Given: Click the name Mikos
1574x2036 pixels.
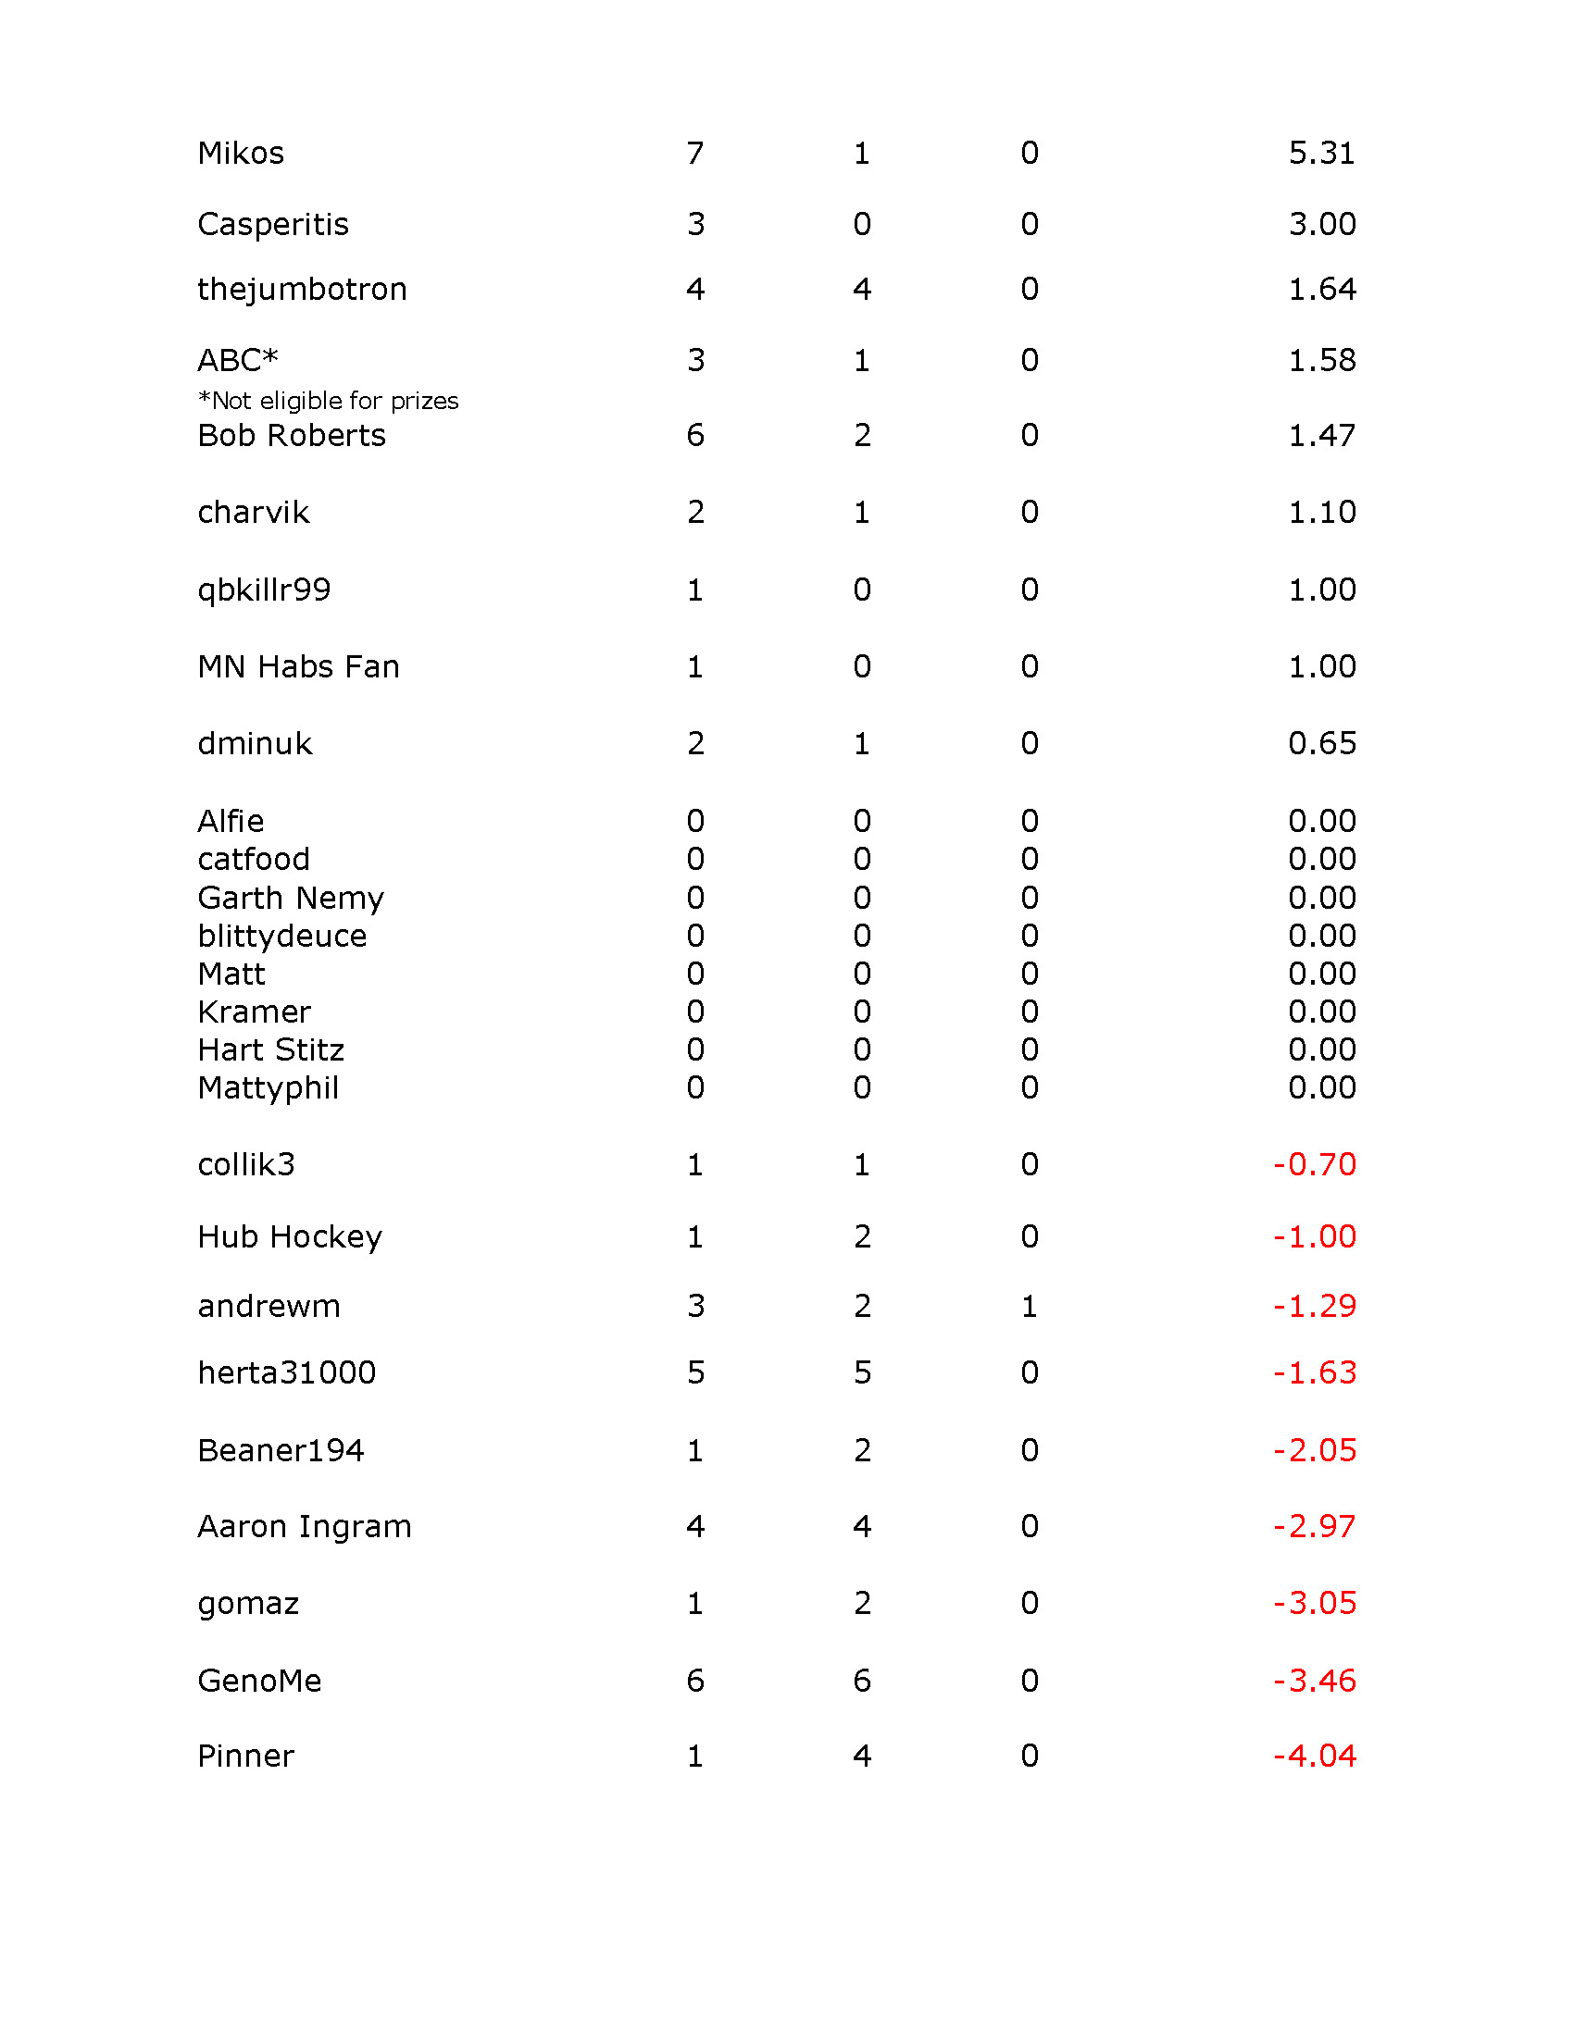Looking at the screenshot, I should tap(241, 153).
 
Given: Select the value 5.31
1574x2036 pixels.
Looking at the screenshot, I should tap(1321, 153).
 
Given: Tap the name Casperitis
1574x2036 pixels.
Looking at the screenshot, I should tap(273, 225).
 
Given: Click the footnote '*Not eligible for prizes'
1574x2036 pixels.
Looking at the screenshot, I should tap(329, 401).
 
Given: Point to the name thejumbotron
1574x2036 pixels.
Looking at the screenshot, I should tap(302, 290).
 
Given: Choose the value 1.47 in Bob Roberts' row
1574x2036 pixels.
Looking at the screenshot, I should tap(1321, 435).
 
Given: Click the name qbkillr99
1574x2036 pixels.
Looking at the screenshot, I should tap(264, 590).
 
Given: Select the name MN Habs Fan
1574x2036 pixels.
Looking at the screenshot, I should tap(298, 667).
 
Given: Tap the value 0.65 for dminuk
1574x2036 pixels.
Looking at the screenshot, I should tap(1321, 744).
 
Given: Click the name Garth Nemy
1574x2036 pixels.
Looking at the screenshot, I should tap(291, 898).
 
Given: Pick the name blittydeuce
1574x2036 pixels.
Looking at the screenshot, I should tap(281, 936).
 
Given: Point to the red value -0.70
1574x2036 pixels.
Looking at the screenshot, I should tap(1315, 1164).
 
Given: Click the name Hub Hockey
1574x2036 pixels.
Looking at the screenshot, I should tap(290, 1237).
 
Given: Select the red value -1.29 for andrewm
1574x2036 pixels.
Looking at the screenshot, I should tap(1315, 1306).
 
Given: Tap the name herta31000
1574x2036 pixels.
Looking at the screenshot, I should tap(286, 1373).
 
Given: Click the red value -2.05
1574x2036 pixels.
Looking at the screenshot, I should tap(1315, 1450).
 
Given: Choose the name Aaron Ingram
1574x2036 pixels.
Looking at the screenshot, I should tap(304, 1527).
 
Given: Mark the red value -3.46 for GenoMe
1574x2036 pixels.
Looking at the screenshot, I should tap(1315, 1681).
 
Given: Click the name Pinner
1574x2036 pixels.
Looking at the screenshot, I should tap(246, 1757).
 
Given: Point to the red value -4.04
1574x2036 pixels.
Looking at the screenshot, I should tap(1315, 1757).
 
